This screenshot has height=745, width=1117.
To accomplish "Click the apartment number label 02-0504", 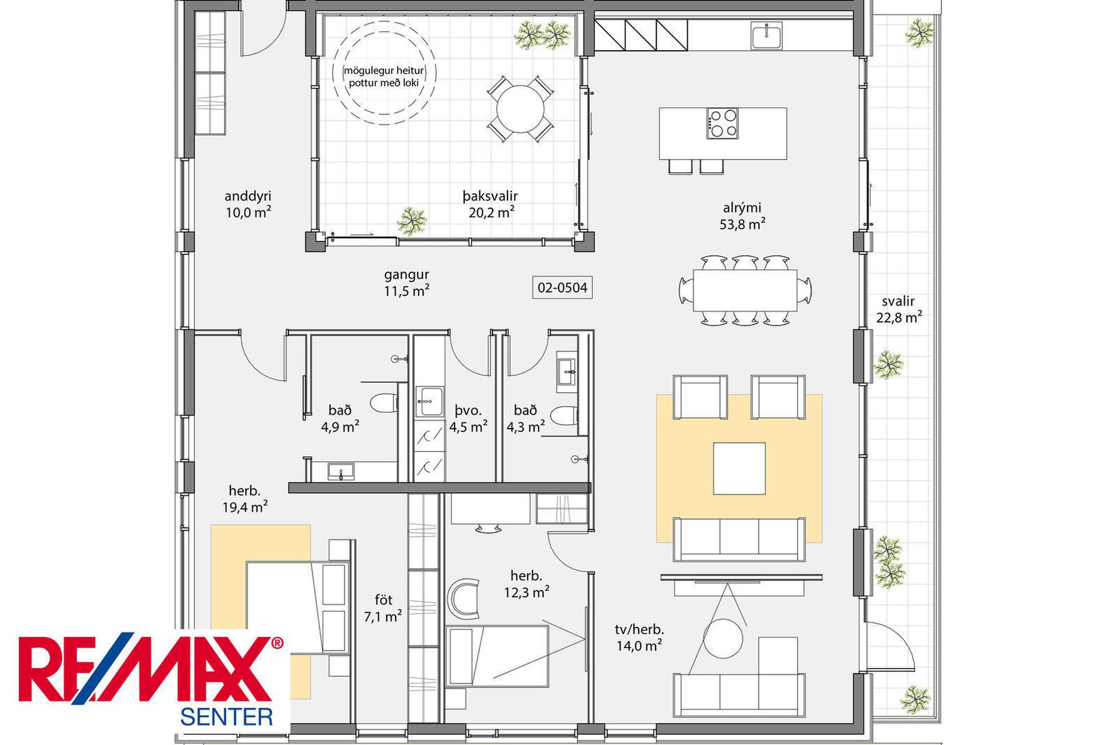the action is click(563, 288).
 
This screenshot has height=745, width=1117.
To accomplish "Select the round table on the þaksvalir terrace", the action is click(520, 109).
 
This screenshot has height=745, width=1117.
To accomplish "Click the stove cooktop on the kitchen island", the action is click(723, 123).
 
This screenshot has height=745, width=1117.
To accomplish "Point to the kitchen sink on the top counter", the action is click(766, 36).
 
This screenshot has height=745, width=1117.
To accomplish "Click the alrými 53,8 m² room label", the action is click(742, 216).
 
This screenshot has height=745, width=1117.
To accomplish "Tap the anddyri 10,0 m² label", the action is click(248, 204).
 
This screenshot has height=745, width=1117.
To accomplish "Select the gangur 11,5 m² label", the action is click(407, 282).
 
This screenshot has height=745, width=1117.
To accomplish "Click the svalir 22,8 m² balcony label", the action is click(899, 310).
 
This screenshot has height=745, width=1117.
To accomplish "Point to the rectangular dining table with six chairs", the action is click(745, 290).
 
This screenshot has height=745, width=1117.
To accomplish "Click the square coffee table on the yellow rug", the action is click(739, 469).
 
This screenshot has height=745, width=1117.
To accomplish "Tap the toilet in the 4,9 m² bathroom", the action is click(384, 403).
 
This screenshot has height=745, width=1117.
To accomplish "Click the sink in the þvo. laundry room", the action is click(429, 402).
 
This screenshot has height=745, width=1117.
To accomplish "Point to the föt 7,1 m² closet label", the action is click(383, 608).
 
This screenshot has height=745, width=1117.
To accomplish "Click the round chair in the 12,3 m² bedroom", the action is click(464, 599).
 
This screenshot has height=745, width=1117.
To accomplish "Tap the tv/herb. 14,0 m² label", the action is click(639, 637).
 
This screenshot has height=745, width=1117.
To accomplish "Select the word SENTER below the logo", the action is click(226, 716).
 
